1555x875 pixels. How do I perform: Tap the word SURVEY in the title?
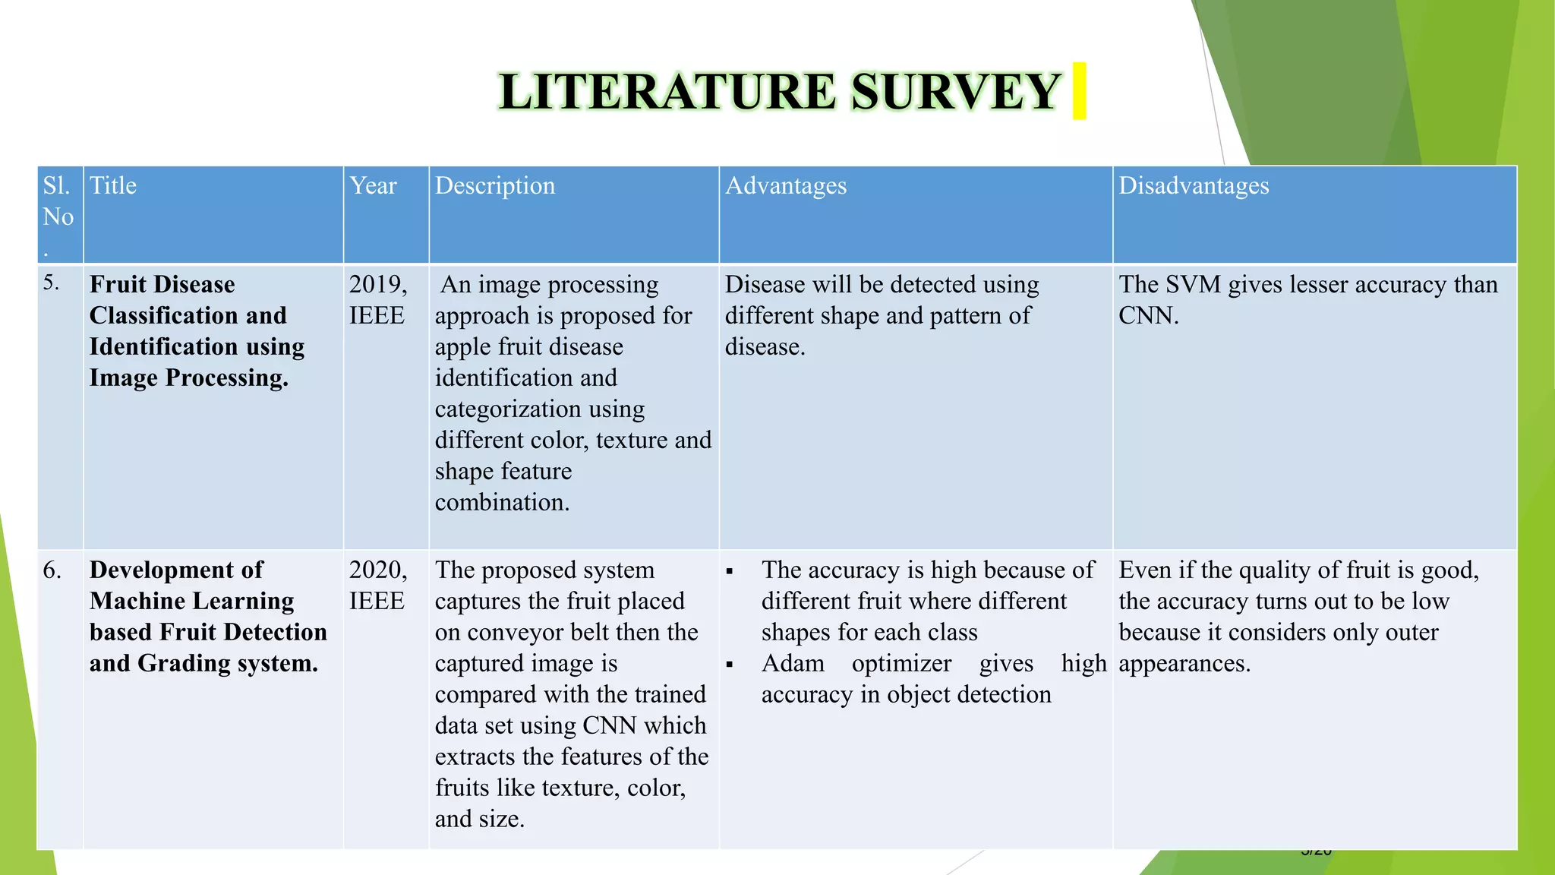955,93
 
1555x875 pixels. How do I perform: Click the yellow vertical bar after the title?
1079,91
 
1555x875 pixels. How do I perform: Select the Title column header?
113,186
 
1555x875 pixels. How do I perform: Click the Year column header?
373,186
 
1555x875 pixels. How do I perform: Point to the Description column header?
495,186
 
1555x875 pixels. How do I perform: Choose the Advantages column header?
786,186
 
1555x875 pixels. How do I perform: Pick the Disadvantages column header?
1194,186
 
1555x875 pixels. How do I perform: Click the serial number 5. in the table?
51,283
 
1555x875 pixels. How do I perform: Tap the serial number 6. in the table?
52,570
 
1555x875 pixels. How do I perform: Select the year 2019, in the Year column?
378,285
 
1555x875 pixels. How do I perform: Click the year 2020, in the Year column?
378,570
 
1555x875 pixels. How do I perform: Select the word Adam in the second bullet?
793,664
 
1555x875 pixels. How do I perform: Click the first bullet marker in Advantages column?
730,571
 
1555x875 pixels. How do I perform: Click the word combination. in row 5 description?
502,503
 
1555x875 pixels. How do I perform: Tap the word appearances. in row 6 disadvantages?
1184,664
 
